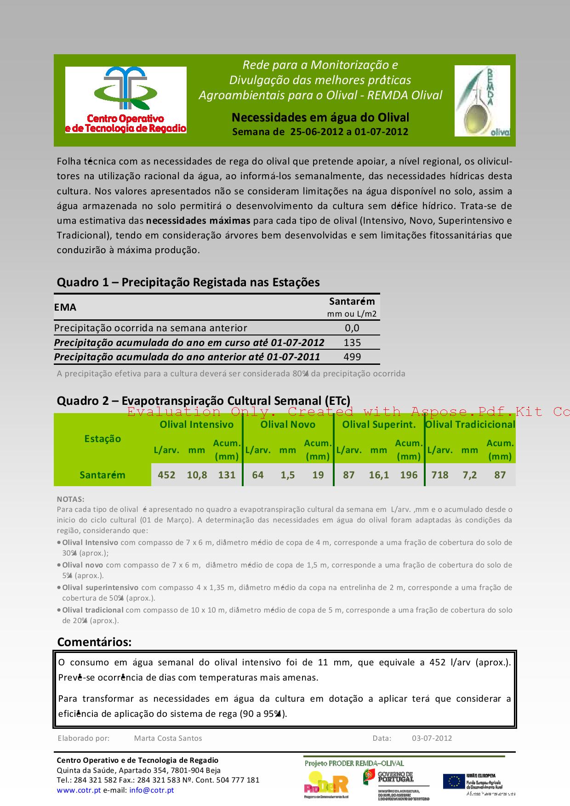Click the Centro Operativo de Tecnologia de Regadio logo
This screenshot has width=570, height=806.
pos(125,100)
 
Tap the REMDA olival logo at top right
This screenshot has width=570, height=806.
pos(482,101)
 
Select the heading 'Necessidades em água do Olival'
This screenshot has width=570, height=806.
pos(320,118)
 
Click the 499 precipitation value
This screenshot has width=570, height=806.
pos(353,357)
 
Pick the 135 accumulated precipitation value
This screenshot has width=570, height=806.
pos(353,342)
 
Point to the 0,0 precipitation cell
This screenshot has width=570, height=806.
pos(353,328)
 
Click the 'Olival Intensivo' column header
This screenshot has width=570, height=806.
pos(196,425)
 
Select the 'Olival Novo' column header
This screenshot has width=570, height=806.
pos(288,425)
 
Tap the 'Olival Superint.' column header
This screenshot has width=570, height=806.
pos(379,425)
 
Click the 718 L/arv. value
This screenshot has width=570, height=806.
pos(439,475)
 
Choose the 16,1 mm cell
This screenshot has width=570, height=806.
pos(379,475)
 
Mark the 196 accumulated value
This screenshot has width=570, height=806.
pos(409,475)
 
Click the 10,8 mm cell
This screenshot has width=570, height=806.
pos(197,475)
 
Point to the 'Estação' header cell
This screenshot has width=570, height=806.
pos(103,439)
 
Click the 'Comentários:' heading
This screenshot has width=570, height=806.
pos(94,642)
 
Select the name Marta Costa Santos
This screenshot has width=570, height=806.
pos(168,738)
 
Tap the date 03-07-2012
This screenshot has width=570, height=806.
pos(432,738)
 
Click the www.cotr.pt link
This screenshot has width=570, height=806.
pos(79,790)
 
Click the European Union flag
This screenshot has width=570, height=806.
pos(454,781)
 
